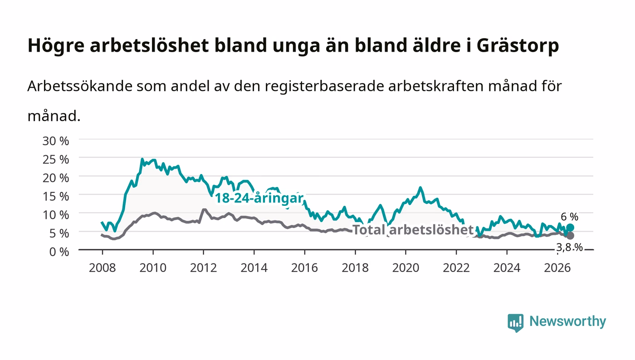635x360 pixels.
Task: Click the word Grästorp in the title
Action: coord(518,46)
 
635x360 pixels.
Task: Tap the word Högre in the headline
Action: coord(56,46)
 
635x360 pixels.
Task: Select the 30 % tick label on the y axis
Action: coord(55,141)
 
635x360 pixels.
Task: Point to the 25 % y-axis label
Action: coord(55,160)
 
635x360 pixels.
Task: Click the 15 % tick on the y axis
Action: coord(55,196)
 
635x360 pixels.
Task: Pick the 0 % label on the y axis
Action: coord(59,252)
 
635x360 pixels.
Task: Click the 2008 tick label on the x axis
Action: coord(103,268)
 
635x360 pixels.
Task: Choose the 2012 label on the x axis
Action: coord(203,268)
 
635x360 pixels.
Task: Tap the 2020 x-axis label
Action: coord(405,268)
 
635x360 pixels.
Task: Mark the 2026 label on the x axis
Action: coord(557,268)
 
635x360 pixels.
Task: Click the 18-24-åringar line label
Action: coord(259,198)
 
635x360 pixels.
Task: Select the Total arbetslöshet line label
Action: coord(413,229)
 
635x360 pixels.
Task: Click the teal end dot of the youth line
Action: coord(570,228)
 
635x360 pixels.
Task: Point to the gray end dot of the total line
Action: coord(570,236)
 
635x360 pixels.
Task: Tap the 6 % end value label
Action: coord(569,217)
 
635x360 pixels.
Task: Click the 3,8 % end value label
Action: coord(569,248)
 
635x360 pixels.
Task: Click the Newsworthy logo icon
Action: coord(515,323)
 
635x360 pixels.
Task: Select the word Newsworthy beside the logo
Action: coord(567,321)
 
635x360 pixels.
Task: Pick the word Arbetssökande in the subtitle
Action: coord(80,86)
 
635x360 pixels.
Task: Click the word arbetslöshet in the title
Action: coord(149,46)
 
